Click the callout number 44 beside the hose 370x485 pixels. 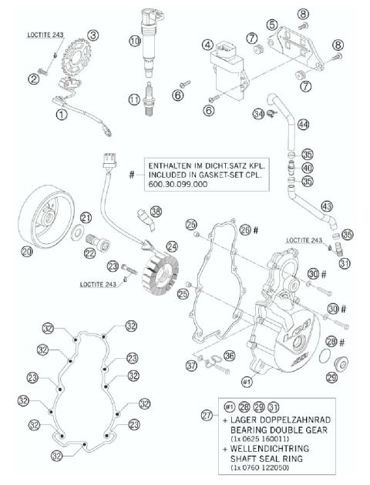(x=304, y=124)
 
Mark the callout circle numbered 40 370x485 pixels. (x=308, y=169)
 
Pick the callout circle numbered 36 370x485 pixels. (x=228, y=355)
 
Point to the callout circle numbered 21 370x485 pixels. (x=86, y=217)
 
